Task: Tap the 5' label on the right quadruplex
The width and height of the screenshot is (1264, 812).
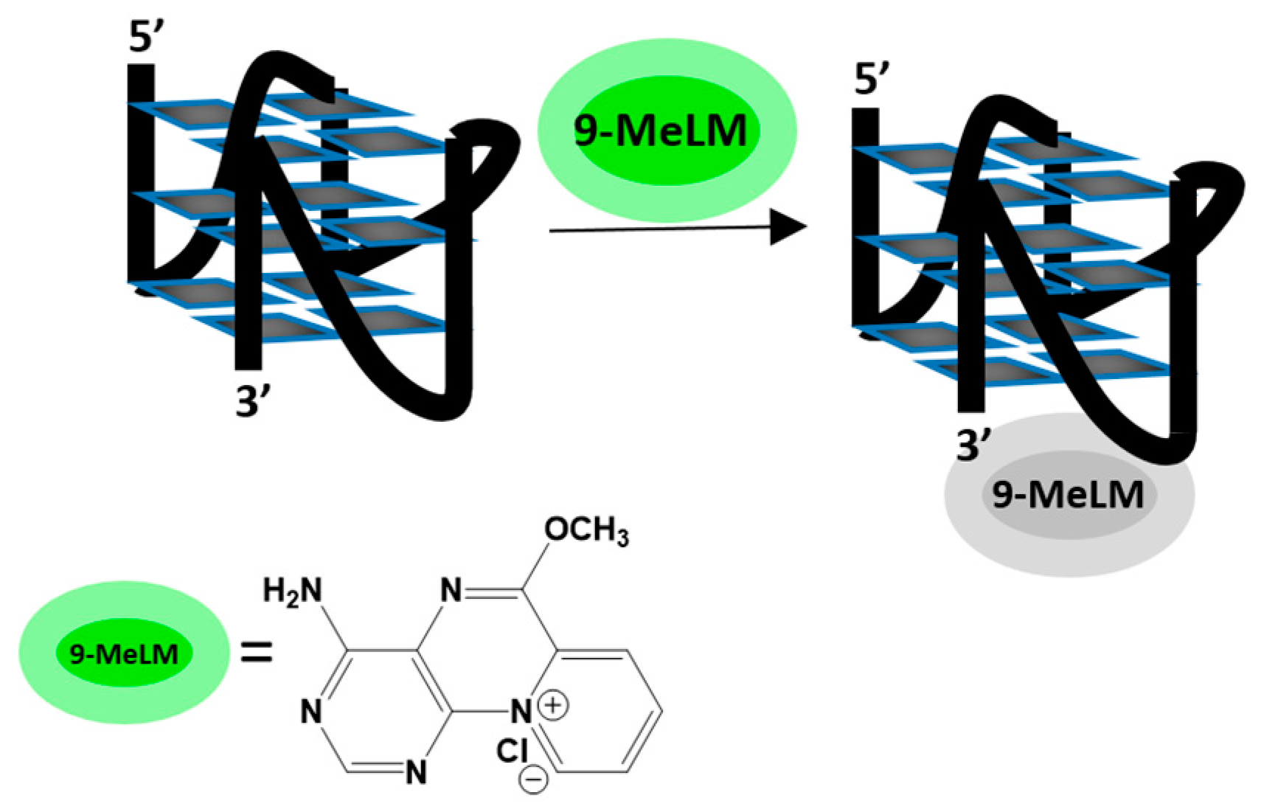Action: point(872,78)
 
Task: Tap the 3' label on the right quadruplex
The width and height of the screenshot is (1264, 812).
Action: point(973,445)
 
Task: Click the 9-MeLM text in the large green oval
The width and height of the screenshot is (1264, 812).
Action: point(660,131)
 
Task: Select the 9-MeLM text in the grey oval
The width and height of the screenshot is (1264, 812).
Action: point(1067,495)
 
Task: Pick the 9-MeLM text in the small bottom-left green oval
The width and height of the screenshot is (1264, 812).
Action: point(124,653)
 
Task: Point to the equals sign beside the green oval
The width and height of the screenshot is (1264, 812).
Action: point(257,653)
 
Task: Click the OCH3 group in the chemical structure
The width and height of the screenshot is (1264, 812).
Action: point(586,531)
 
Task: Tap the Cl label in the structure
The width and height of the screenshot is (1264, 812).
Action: point(512,751)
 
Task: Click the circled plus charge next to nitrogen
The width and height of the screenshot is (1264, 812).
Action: point(553,705)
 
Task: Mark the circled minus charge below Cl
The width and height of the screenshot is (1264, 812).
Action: point(532,780)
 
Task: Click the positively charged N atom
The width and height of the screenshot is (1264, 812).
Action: point(521,712)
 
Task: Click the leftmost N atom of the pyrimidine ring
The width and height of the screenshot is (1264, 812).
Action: point(311,712)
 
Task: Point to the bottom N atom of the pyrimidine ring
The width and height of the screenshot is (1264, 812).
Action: point(416,772)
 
